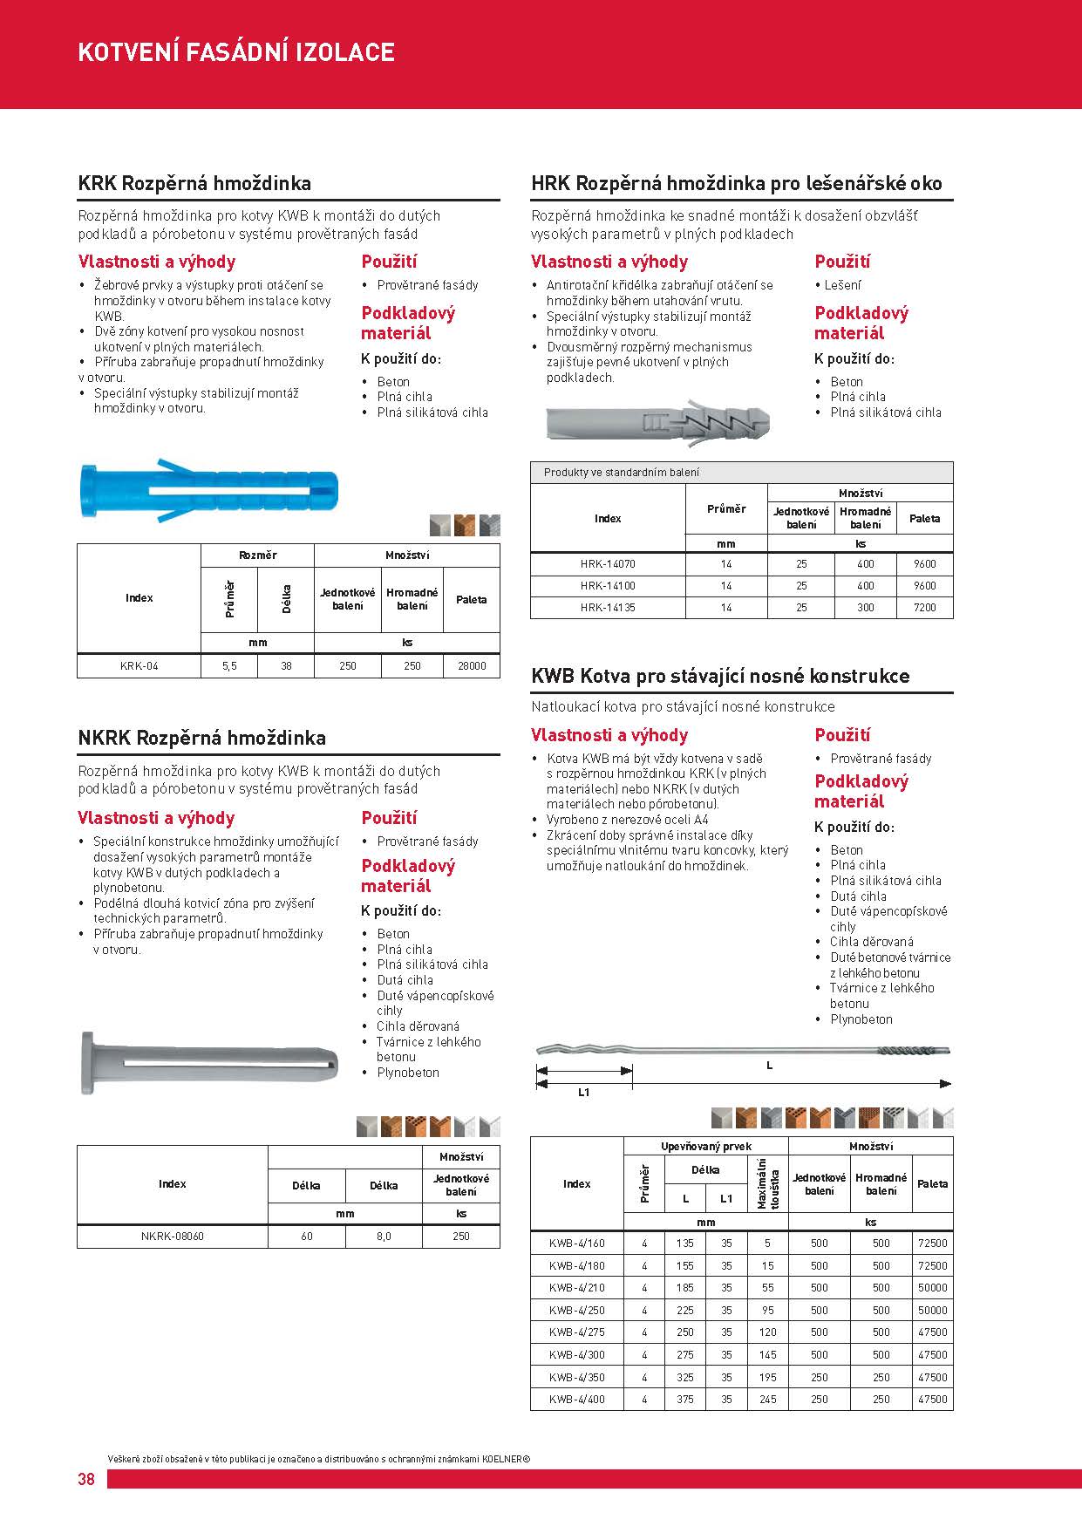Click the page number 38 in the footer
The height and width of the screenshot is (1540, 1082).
pos(86,1479)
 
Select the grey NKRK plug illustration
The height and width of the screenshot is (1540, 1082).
pos(209,1062)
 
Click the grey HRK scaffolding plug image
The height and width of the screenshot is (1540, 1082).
pos(660,422)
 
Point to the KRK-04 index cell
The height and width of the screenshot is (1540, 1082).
pos(140,666)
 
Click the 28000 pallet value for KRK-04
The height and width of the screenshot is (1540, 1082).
pos(472,666)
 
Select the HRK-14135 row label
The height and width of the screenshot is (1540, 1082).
pos(608,608)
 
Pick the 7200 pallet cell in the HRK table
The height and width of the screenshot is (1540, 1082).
pos(924,608)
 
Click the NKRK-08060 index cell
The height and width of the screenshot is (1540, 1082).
pos(172,1236)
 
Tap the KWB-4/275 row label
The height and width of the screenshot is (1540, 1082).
pos(576,1332)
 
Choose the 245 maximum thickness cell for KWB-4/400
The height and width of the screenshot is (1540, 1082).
pos(767,1400)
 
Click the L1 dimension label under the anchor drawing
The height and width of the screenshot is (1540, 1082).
pos(584,1093)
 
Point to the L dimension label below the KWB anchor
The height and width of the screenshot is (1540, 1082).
pos(769,1066)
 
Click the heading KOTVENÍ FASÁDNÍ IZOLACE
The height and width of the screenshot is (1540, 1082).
pos(236,52)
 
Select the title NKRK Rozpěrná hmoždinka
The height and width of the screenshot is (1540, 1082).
pos(202,738)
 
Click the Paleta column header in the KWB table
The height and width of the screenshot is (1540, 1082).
pos(932,1184)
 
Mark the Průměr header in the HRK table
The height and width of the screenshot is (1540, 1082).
pos(726,509)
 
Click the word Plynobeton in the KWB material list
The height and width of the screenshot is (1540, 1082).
pos(861,1019)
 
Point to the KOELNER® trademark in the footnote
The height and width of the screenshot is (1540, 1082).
pos(506,1458)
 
